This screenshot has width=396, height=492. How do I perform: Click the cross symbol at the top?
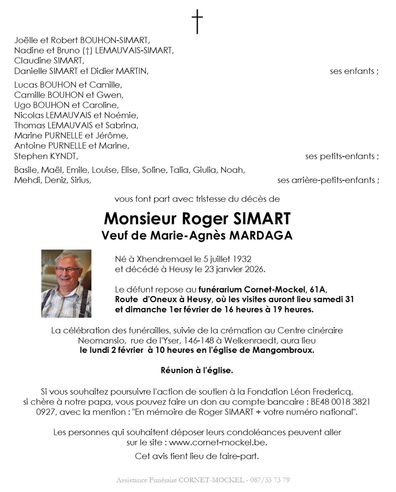[x=197, y=22]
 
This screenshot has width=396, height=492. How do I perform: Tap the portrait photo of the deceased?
[x=66, y=284]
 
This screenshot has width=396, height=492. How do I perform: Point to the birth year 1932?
[x=242, y=259]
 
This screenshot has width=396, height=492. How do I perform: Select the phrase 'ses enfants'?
[x=354, y=71]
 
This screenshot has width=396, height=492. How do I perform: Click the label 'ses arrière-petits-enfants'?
[x=328, y=180]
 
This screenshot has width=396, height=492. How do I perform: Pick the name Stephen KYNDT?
[x=46, y=156]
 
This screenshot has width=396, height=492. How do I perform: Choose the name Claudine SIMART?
[x=49, y=61]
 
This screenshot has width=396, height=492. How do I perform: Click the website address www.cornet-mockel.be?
[x=218, y=442]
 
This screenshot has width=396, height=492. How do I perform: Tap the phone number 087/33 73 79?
[x=270, y=480]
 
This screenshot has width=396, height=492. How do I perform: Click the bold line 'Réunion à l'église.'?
[x=197, y=371]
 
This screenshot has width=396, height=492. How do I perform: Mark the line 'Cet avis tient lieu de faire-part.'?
[x=197, y=456]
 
